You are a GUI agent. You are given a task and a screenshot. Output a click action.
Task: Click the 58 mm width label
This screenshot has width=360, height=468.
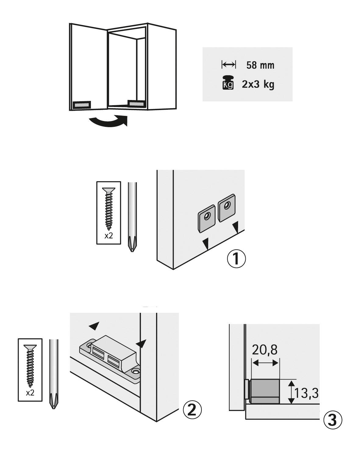[260, 65]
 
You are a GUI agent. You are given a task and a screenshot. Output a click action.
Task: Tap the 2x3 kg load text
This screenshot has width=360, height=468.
[258, 84]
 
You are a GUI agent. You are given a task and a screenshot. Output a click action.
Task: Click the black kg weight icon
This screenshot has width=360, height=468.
[228, 82]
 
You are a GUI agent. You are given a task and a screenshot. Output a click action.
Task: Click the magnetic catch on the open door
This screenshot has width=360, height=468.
[82, 105]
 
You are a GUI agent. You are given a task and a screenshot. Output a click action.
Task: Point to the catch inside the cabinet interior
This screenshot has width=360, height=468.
[136, 103]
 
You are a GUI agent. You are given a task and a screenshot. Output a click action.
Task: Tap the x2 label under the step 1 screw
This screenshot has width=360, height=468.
[109, 236]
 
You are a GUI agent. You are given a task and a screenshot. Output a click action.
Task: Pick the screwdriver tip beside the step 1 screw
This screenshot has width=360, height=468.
[132, 245]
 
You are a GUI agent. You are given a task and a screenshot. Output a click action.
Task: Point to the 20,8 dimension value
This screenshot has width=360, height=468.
[265, 350]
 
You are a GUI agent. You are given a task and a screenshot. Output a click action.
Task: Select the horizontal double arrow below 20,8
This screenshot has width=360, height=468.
[266, 363]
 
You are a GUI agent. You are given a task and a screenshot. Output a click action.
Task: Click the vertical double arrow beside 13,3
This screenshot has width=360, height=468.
[292, 392]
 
